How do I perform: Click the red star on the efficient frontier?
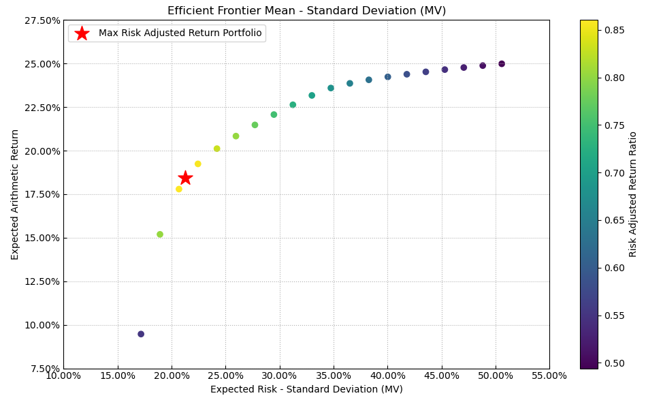point(185,178)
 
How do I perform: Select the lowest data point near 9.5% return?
point(141,334)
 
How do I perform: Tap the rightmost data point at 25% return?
point(502,64)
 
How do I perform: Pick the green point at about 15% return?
point(160,234)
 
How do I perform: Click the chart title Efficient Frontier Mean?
point(306,11)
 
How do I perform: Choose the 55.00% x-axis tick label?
point(549,376)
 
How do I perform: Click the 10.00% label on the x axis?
point(63,376)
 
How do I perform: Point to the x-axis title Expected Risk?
point(306,390)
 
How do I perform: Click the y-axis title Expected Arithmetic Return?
point(15,194)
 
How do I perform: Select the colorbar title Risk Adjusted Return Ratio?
point(633,194)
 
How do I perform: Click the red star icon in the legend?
point(82,33)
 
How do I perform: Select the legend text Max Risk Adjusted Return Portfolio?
point(180,33)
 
